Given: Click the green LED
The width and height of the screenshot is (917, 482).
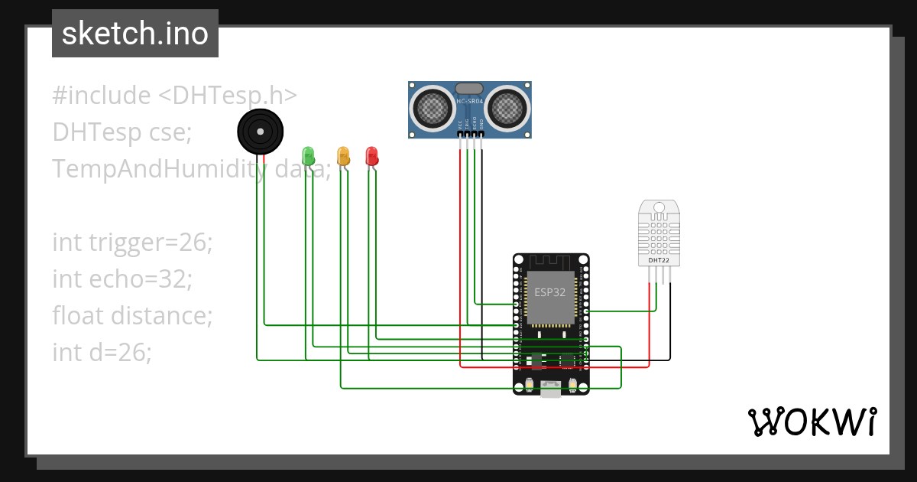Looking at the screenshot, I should pyautogui.click(x=308, y=155).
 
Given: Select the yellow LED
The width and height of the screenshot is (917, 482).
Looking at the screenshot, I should pyautogui.click(x=343, y=155).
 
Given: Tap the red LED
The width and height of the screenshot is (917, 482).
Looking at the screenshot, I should pyautogui.click(x=371, y=155).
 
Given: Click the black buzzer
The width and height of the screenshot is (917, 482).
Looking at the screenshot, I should pyautogui.click(x=261, y=132).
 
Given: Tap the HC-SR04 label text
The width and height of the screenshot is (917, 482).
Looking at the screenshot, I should pyautogui.click(x=469, y=101).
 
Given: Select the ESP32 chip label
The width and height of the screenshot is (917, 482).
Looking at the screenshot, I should pyautogui.click(x=549, y=292).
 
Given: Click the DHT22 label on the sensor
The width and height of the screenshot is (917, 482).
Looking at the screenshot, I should pyautogui.click(x=659, y=260).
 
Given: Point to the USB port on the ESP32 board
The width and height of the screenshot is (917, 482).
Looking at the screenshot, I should pyautogui.click(x=550, y=389).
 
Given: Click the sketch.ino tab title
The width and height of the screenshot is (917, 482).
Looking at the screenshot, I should pyautogui.click(x=134, y=34).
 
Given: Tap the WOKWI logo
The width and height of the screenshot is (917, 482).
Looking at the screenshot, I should pyautogui.click(x=812, y=422).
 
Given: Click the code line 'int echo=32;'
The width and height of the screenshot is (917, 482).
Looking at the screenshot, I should pyautogui.click(x=122, y=279).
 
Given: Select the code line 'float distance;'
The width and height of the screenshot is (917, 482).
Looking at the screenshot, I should pyautogui.click(x=131, y=315).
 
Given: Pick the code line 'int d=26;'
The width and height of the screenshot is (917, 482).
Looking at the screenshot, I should pyautogui.click(x=102, y=352).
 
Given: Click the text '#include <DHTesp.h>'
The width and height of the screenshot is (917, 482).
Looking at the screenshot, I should pyautogui.click(x=174, y=96).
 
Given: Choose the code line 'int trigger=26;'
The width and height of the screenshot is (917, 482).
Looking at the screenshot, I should pyautogui.click(x=132, y=243).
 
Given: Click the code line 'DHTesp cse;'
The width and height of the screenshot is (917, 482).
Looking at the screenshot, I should pyautogui.click(x=122, y=132).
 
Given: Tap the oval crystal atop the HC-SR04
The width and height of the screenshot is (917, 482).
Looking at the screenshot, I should pyautogui.click(x=469, y=89).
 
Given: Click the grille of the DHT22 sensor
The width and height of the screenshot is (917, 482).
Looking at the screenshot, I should pyautogui.click(x=659, y=234).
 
